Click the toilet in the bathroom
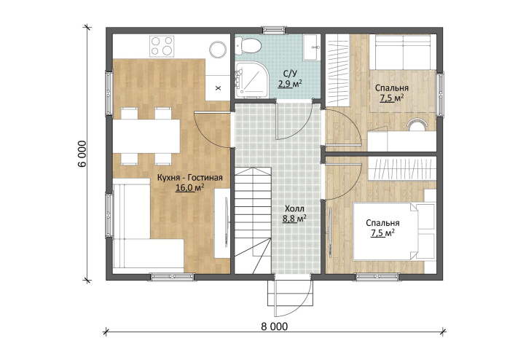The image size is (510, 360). (x=248, y=45)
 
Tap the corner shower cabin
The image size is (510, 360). (x=251, y=79)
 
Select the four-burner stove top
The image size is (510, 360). (x=162, y=46)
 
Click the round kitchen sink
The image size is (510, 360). (x=218, y=50)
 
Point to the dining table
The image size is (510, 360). (x=146, y=136)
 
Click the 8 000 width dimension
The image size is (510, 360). (x=275, y=326)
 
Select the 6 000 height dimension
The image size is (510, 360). (x=82, y=154)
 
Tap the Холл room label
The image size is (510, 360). (x=294, y=208)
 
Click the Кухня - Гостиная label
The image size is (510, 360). (x=190, y=178)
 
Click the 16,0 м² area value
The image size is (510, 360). (x=190, y=187)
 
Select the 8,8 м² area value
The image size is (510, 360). (x=294, y=219)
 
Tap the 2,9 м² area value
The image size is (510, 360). (x=289, y=84)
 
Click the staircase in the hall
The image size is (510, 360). (x=253, y=221)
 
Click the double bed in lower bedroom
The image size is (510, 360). (x=394, y=231)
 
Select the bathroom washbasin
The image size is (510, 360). (x=312, y=48)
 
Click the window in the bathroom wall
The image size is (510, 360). (x=273, y=30)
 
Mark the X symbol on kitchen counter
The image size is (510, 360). (x=219, y=87)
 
